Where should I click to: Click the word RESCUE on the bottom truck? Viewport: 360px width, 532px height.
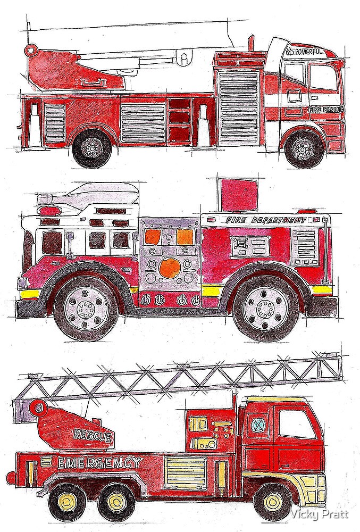pyautogui.click(x=93, y=435)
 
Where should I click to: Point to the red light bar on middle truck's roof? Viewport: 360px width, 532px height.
pyautogui.click(x=51, y=211)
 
